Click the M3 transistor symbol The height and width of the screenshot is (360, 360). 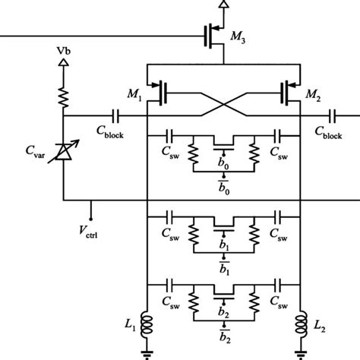pos(213,34)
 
